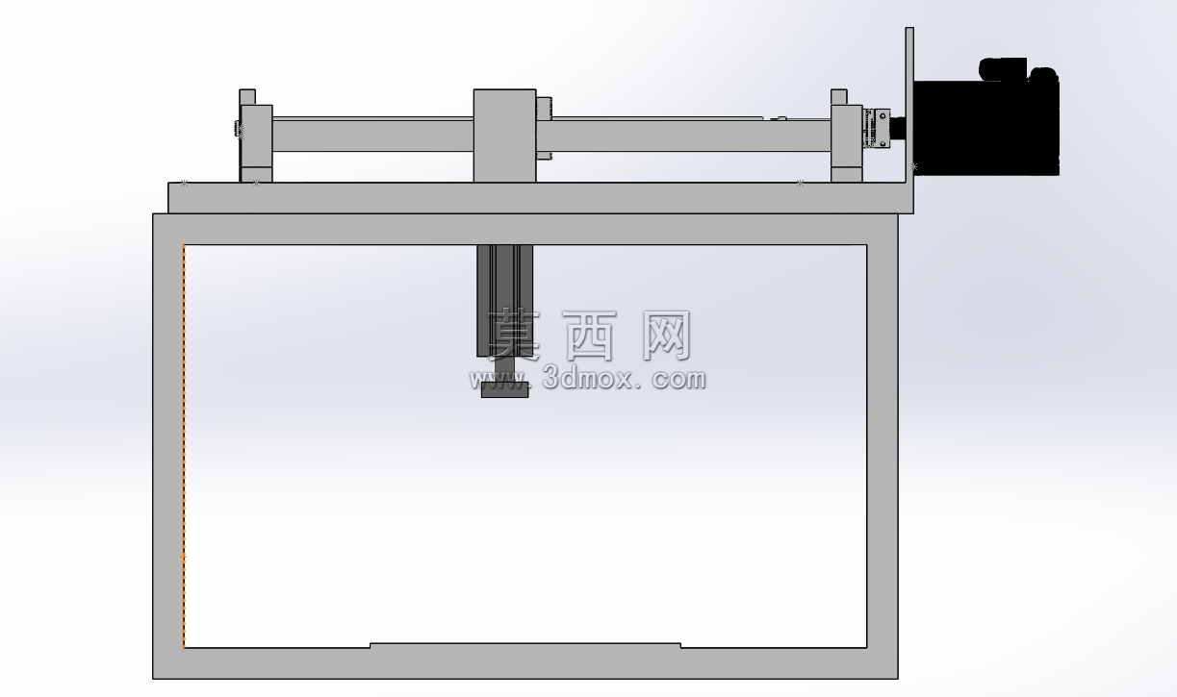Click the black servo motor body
(x=985, y=126)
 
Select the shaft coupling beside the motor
(x=877, y=128)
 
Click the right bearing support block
(x=847, y=143)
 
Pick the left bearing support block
(x=256, y=143)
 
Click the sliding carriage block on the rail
(x=504, y=136)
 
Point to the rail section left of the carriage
(x=373, y=135)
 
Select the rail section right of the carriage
(x=683, y=135)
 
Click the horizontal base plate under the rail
(x=541, y=198)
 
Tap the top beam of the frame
(x=525, y=230)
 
